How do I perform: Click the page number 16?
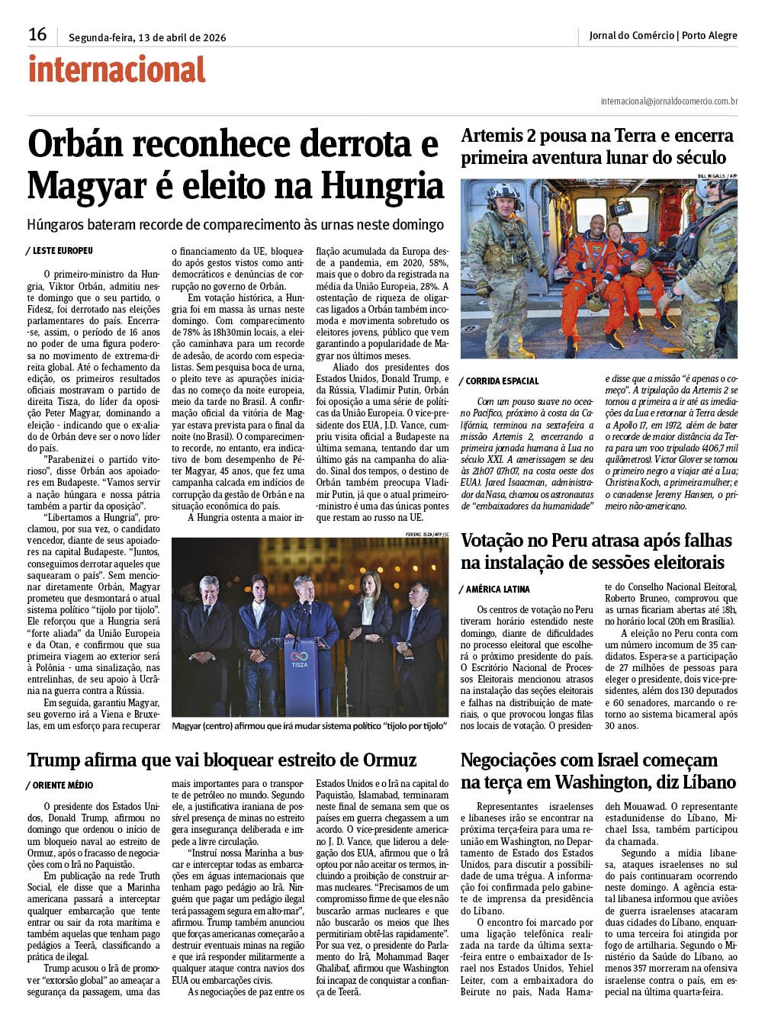(37, 35)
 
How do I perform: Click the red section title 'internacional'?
(117, 70)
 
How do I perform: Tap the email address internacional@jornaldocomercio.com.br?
(669, 101)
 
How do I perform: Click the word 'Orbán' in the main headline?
(85, 144)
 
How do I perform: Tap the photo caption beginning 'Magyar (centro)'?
(309, 726)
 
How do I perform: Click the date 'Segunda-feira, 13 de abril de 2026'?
(147, 37)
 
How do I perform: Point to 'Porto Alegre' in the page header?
(709, 36)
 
